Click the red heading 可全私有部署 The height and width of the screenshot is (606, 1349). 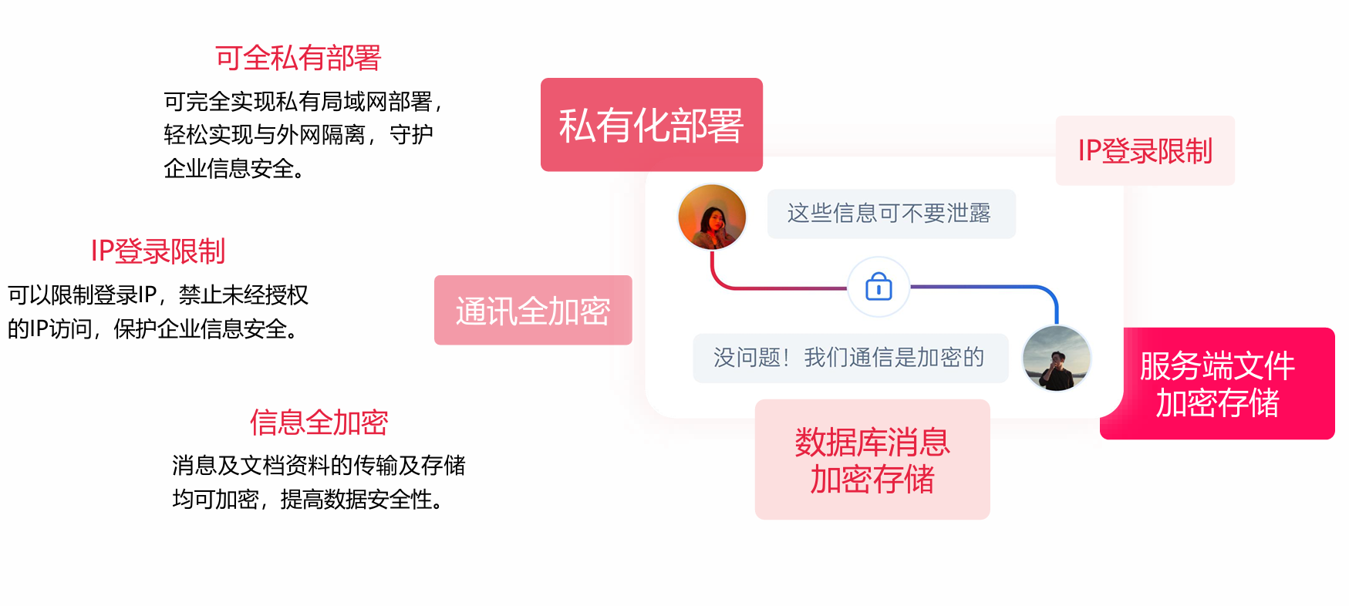pyautogui.click(x=298, y=58)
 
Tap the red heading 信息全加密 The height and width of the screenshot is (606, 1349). pyautogui.click(x=319, y=423)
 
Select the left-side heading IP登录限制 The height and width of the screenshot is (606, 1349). pyautogui.click(x=158, y=251)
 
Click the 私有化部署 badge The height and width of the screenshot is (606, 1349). pyautogui.click(x=652, y=125)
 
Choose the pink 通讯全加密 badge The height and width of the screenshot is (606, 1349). pyautogui.click(x=533, y=310)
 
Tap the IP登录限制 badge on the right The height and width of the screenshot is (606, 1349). pyautogui.click(x=1145, y=150)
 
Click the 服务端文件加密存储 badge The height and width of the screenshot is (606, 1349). pyautogui.click(x=1218, y=384)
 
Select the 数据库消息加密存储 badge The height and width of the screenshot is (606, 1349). pyautogui.click(x=872, y=460)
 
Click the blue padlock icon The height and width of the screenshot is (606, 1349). pyautogui.click(x=879, y=287)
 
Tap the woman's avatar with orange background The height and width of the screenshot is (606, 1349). pyautogui.click(x=712, y=217)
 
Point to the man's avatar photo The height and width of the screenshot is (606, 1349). pyautogui.click(x=1057, y=359)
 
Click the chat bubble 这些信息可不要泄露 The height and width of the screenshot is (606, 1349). pyautogui.click(x=891, y=214)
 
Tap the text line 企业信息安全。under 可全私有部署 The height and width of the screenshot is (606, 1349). pyautogui.click(x=235, y=169)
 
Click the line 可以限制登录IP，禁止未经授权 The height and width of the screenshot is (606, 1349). pyautogui.click(x=158, y=295)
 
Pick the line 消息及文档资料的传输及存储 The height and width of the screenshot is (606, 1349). pyautogui.click(x=319, y=466)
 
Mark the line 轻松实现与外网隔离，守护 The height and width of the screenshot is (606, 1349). pyautogui.click(x=298, y=135)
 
